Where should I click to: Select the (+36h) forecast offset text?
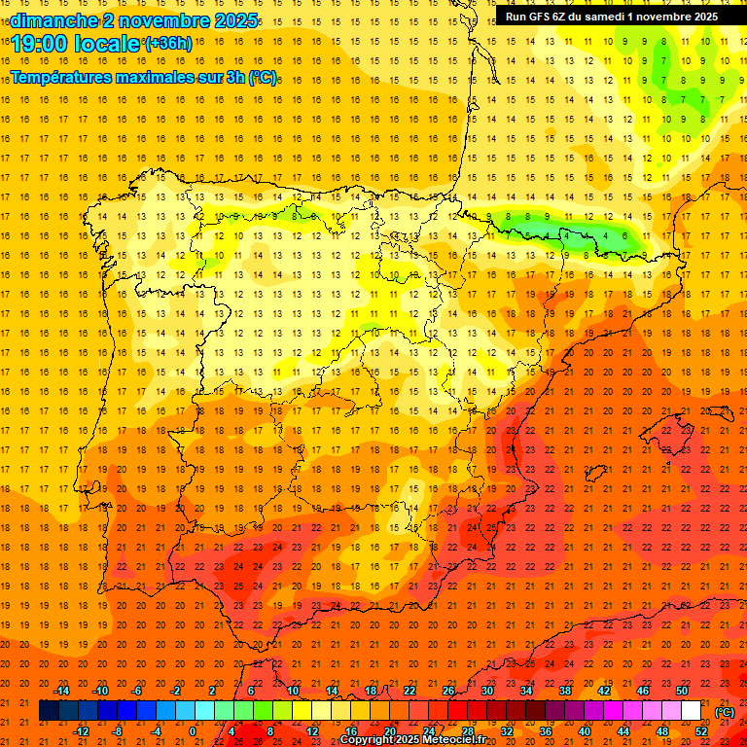pos(168,43)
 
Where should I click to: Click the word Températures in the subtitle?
pos(62,77)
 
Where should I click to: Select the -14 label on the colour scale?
pos(61,691)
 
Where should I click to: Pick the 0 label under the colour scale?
pos(194,731)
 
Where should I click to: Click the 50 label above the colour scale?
pos(681,691)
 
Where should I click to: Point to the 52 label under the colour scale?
pos(701,731)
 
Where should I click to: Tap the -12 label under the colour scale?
pos(81,731)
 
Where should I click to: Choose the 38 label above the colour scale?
pos(564,691)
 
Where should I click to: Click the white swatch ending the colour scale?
pos(691,711)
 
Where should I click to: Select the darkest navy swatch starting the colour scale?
pos(49,711)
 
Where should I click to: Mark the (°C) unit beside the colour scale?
pos(725,712)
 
